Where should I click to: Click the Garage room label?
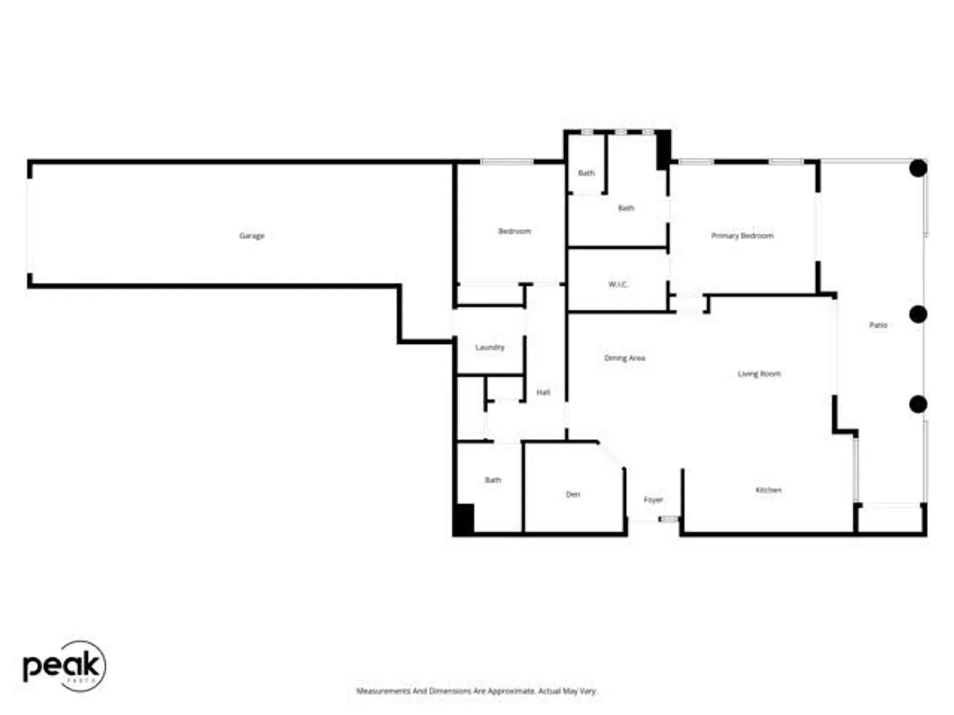coord(251,235)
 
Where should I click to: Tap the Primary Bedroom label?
coord(742,235)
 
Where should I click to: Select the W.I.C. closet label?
coord(618,285)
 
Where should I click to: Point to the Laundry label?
coord(490,347)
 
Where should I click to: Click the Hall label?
coord(543,392)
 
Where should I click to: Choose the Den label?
coord(573,494)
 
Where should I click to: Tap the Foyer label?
coord(653,500)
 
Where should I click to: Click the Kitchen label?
coord(768,490)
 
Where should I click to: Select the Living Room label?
coord(759,374)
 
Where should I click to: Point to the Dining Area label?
coord(624,358)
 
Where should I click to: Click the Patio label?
coord(878,325)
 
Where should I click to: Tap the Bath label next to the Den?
coord(493,480)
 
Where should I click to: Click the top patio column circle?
coord(918,168)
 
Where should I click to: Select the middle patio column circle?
coord(918,315)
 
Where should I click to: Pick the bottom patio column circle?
coord(918,404)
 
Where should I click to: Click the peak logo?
coord(64,665)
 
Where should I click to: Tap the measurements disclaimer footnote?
coord(477,691)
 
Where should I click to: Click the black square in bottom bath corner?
coord(464,519)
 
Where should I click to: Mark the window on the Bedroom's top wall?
coord(507,162)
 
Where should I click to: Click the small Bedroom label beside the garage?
coord(514,231)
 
